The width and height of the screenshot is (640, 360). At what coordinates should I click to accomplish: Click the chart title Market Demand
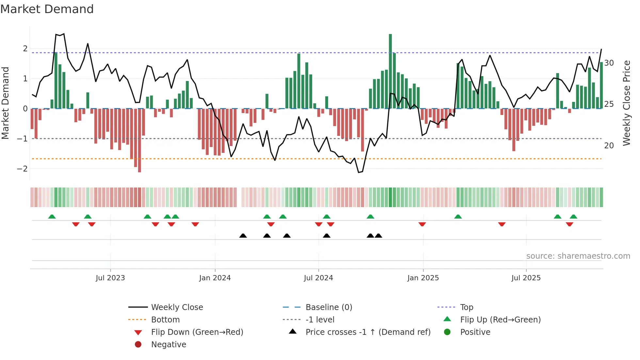tap(47, 9)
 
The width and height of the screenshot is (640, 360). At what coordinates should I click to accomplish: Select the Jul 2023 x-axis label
tap(110, 278)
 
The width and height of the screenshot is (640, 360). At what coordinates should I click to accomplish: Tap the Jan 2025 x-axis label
tap(423, 278)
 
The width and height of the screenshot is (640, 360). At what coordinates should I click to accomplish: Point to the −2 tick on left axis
tap(22, 169)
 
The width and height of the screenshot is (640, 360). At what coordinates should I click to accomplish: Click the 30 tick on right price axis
tap(609, 63)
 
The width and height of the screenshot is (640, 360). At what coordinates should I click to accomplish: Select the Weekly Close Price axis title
tap(626, 103)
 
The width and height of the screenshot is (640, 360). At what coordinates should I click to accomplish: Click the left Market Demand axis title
tap(5, 103)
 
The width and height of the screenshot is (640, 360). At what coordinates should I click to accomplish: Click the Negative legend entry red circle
tap(138, 345)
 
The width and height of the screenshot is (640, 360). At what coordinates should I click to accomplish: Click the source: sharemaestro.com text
tap(578, 256)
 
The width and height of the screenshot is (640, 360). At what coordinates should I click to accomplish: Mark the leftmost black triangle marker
tap(243, 236)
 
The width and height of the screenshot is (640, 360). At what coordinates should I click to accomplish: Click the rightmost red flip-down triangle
tap(569, 224)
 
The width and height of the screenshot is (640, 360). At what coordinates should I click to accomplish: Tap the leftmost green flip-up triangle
tap(52, 217)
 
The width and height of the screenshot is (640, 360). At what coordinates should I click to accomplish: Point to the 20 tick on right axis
tap(609, 146)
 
